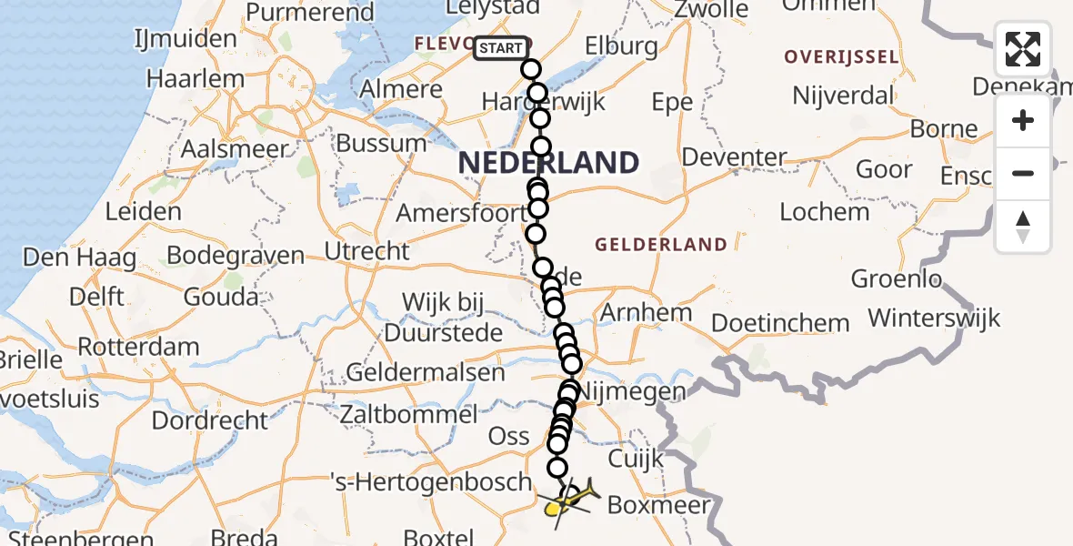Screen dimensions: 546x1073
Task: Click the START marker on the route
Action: coord(500,48)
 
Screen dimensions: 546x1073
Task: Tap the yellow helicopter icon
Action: coord(569,500)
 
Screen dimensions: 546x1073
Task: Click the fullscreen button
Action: coord(1023,49)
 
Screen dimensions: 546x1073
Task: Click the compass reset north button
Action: coord(1023,227)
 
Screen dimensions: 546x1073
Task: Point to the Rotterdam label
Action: coord(138,348)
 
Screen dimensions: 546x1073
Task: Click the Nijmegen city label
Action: coord(632,392)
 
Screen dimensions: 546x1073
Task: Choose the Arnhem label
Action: coord(646,313)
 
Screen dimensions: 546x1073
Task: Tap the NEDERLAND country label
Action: coord(548,164)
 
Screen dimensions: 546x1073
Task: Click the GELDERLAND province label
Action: coord(660,244)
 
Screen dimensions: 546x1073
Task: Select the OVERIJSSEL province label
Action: coord(842,57)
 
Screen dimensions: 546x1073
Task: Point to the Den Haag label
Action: coord(71,258)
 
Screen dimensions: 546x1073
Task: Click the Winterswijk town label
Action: coord(934,318)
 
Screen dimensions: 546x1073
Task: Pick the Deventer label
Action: coord(734,157)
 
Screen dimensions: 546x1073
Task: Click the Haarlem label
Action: coord(196,78)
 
